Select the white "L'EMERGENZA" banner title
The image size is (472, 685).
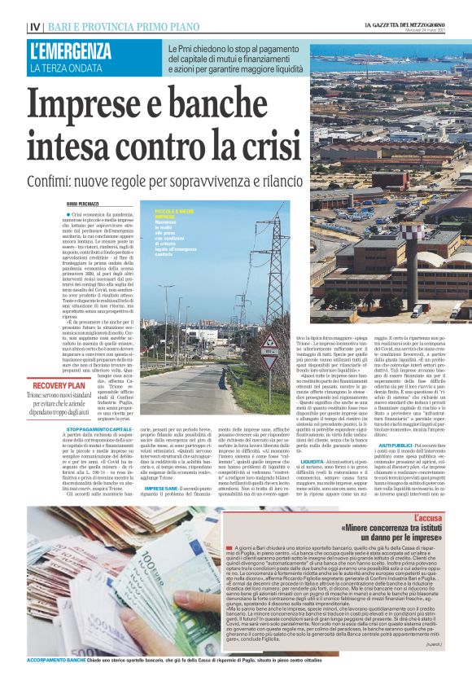click(x=71, y=51)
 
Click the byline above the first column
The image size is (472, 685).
click(x=82, y=203)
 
